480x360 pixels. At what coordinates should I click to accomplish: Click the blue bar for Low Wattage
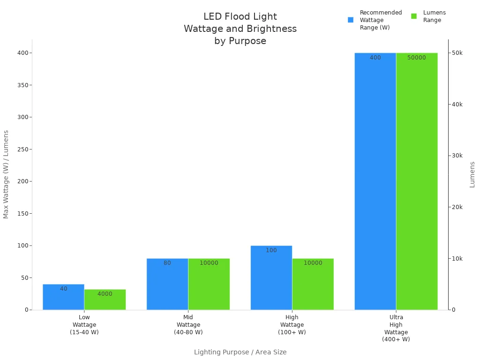pos(63,297)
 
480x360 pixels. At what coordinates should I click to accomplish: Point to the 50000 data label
pos(416,58)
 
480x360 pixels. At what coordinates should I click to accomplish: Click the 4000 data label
pos(105,294)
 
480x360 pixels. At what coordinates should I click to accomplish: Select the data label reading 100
pos(271,250)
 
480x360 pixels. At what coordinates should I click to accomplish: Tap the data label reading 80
pos(167,263)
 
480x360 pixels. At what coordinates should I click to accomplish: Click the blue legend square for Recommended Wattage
pos(351,20)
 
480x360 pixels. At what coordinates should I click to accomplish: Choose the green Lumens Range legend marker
pos(414,16)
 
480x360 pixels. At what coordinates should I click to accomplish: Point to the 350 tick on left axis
pos(22,85)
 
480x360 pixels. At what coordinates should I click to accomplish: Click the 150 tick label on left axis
pos(22,213)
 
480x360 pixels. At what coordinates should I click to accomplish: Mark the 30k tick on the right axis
pos(457,156)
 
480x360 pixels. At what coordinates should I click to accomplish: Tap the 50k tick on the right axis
pos(457,53)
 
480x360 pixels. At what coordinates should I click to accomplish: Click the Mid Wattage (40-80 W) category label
pos(188,325)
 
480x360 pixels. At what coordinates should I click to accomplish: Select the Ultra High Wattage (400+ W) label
pos(396,328)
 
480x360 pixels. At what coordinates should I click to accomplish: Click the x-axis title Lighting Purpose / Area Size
pos(240,352)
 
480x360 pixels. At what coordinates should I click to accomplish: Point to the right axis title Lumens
pos(472,174)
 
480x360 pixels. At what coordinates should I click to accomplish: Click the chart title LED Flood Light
pos(240,17)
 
